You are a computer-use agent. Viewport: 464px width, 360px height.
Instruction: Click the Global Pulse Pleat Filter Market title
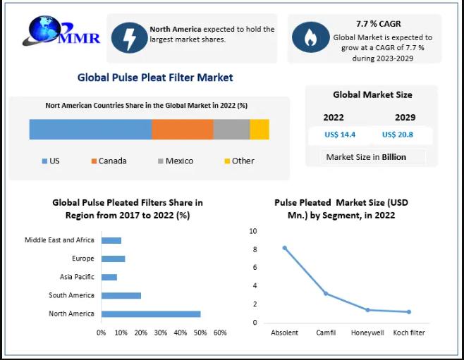(x=155, y=77)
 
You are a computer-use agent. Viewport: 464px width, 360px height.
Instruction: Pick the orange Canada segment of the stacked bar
(x=183, y=130)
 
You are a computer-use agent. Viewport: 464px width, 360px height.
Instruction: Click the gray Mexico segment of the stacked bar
(x=231, y=130)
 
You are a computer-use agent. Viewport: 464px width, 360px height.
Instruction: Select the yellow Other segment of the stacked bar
(x=260, y=130)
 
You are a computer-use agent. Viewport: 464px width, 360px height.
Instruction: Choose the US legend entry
(x=50, y=161)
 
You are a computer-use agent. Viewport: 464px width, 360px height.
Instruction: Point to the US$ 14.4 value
(x=339, y=135)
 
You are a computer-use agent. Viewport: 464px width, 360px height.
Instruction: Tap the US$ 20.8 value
(x=398, y=135)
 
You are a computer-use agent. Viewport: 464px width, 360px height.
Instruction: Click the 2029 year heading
(x=405, y=118)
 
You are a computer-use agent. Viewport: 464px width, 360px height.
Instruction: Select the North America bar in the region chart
(x=151, y=314)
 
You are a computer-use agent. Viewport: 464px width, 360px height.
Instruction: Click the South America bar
(x=121, y=295)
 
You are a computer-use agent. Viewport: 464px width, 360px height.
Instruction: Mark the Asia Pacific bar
(x=109, y=277)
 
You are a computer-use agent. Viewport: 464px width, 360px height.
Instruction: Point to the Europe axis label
(x=83, y=259)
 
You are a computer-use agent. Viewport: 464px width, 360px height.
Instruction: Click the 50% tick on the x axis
(x=200, y=332)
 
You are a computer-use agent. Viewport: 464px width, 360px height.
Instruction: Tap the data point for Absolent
(x=285, y=248)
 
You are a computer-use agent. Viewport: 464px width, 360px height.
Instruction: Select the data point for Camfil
(x=326, y=293)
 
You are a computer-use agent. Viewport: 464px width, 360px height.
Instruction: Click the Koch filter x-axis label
(x=408, y=333)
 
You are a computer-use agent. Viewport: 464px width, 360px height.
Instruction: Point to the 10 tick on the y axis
(x=253, y=231)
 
